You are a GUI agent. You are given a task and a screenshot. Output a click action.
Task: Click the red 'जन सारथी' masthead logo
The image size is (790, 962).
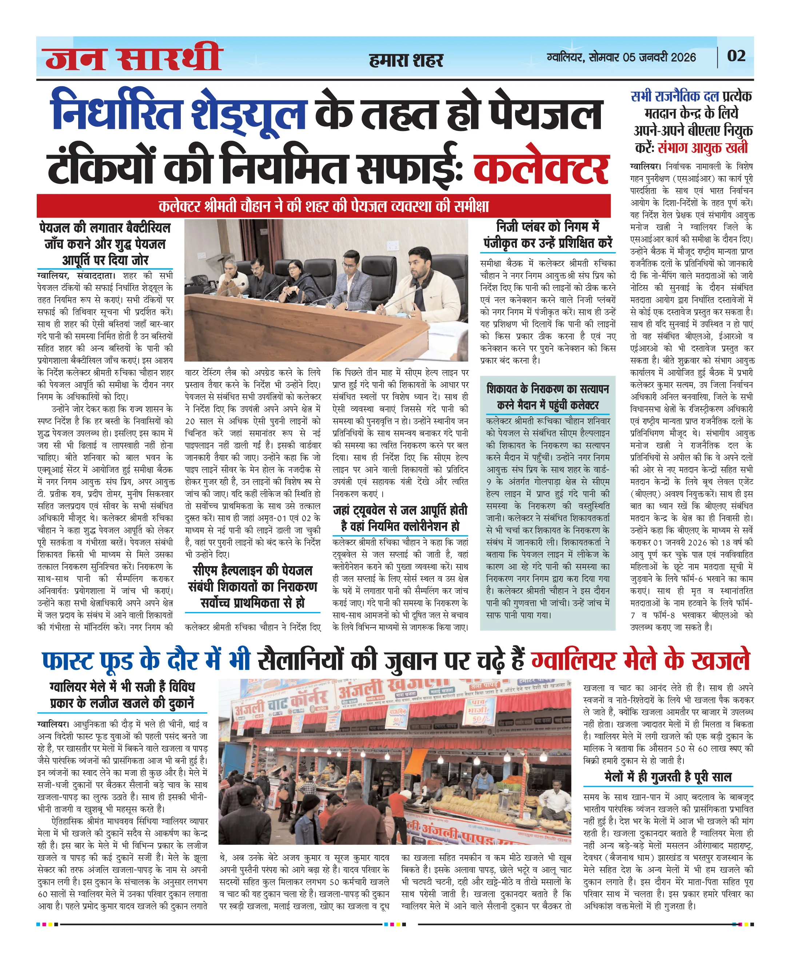point(133,57)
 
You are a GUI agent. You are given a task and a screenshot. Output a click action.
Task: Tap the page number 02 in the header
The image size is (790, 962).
point(736,56)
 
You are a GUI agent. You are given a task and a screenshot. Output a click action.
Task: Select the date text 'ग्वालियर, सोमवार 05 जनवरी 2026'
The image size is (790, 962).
point(621,57)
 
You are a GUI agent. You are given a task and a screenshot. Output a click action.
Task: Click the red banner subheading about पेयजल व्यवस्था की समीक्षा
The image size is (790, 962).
point(324,206)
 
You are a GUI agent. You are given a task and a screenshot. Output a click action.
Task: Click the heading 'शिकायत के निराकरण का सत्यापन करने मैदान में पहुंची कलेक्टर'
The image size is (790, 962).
point(548,397)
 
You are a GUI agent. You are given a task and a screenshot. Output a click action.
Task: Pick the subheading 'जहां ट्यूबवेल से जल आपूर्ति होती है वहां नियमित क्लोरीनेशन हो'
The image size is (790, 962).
point(400,518)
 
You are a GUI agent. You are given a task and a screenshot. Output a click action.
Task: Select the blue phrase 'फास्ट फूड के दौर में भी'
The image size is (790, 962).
point(145,661)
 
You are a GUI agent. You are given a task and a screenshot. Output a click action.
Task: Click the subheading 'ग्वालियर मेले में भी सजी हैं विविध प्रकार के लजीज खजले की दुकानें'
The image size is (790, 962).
point(122,695)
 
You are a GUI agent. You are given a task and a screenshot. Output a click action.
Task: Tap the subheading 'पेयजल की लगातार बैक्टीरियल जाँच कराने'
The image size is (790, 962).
point(105,243)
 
